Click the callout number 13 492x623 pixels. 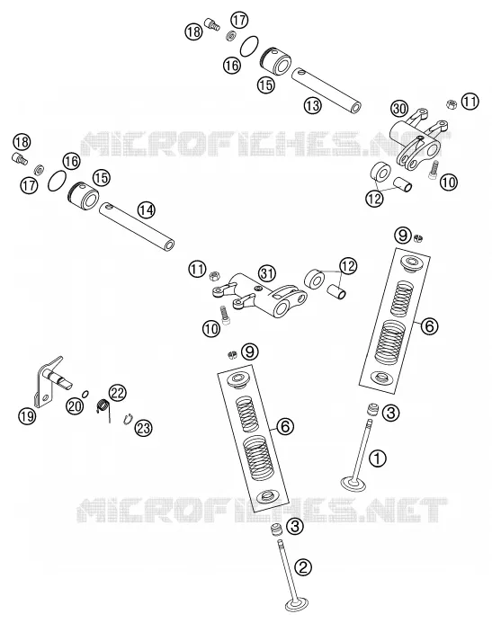click(313, 105)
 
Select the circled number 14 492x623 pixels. click(147, 209)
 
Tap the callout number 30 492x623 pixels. click(399, 109)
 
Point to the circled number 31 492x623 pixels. click(267, 273)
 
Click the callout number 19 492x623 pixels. click(27, 416)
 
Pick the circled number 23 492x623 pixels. click(143, 428)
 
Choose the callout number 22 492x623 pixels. click(118, 393)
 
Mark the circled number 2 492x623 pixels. click(303, 566)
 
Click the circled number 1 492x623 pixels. click(378, 458)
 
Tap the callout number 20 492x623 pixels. click(75, 405)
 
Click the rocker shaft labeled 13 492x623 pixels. click(327, 91)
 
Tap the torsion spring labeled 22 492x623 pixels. click(103, 407)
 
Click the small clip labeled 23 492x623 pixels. click(128, 419)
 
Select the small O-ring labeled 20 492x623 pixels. click(85, 394)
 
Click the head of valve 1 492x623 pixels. click(353, 484)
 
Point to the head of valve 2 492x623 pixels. click(297, 605)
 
